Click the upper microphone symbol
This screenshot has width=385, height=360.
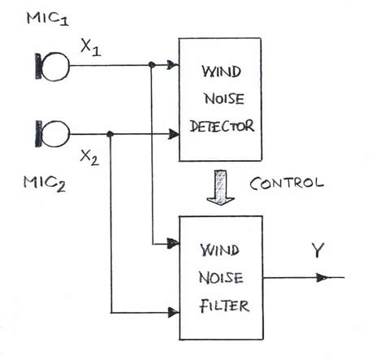50,65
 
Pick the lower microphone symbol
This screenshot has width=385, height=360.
50,132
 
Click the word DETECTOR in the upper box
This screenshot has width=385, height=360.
221,127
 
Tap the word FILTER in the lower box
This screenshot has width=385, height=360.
220,308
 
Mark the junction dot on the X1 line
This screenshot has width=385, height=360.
151,64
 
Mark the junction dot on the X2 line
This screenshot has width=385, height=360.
110,133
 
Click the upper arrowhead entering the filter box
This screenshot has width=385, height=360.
172,242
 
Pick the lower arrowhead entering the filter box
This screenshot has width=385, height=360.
172,311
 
